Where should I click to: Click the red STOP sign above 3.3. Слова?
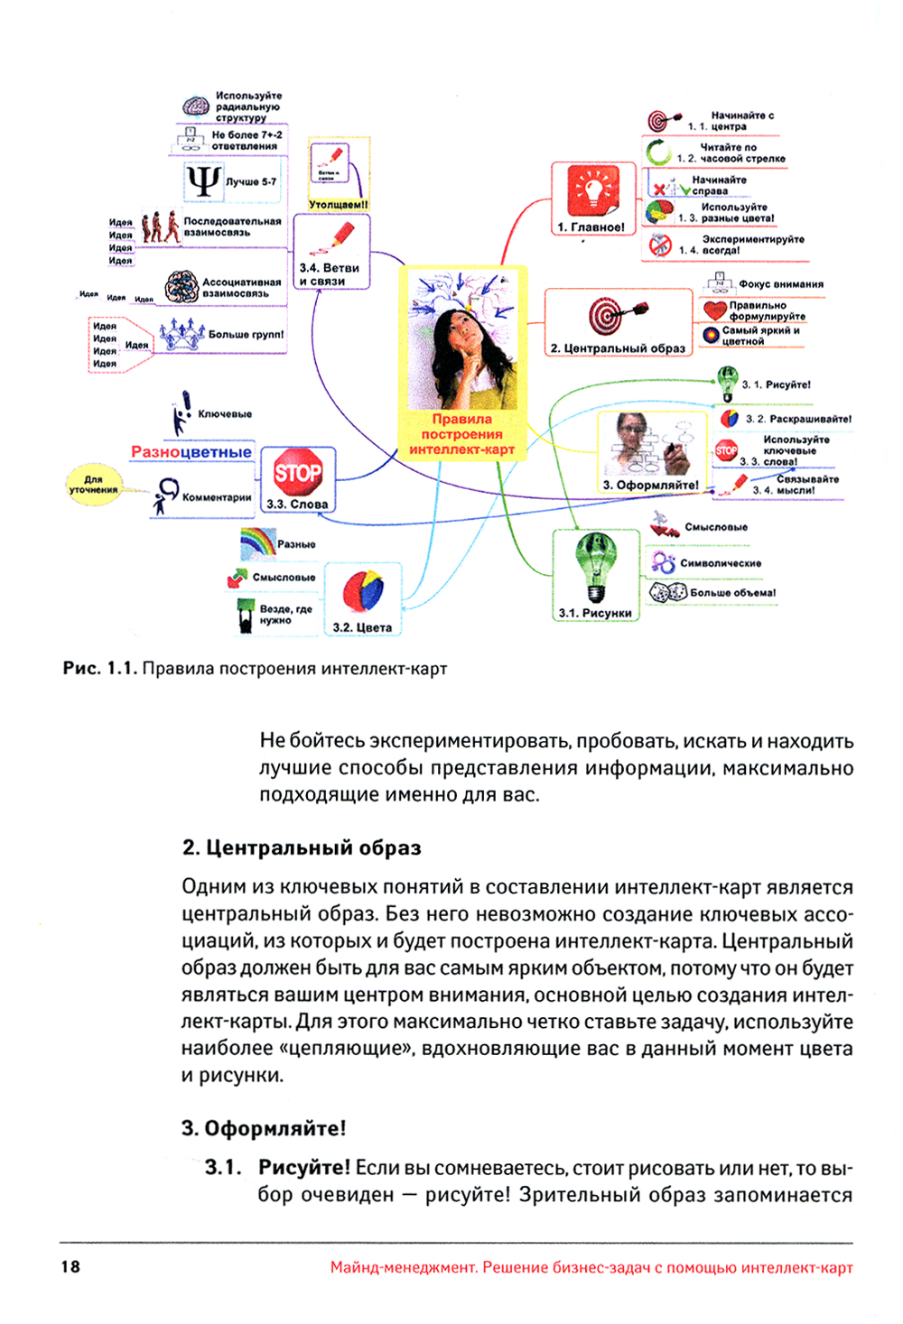[x=297, y=472]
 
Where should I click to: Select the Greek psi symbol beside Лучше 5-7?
[x=203, y=181]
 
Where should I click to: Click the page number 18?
[x=70, y=1266]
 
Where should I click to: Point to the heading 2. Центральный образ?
[x=302, y=847]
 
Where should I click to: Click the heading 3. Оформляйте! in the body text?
[x=264, y=1128]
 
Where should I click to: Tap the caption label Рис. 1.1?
[x=99, y=669]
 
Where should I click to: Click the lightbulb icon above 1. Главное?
[x=593, y=190]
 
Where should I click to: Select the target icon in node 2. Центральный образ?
[x=608, y=316]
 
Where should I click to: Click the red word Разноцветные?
[x=191, y=451]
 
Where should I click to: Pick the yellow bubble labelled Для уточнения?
[x=94, y=484]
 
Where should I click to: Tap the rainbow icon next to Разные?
[x=256, y=542]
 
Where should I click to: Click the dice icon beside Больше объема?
[x=668, y=593]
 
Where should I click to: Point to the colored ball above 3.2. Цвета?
[x=363, y=591]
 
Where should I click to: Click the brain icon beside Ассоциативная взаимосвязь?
[x=182, y=287]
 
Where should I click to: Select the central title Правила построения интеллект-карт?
[x=461, y=434]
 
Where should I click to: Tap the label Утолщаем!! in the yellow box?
[x=339, y=205]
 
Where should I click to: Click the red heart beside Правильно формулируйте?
[x=714, y=310]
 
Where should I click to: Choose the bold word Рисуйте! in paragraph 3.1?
[x=304, y=1167]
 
